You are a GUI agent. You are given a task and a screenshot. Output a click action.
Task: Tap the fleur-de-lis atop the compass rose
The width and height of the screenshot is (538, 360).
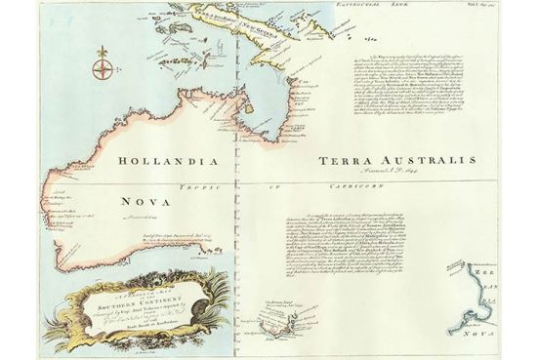tap(102, 50)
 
